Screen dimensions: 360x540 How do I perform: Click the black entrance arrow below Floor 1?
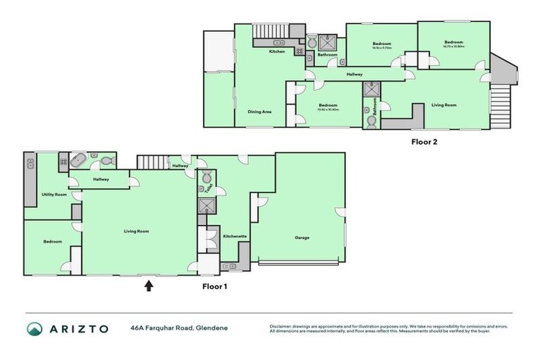coord(148,285)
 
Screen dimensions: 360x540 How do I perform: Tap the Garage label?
coord(302,238)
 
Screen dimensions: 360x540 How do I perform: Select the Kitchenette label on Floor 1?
coord(235,237)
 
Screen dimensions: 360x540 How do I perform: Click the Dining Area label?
coord(259,112)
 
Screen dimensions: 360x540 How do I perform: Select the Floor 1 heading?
coord(214,286)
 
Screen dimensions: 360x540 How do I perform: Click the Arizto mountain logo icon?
coord(35,328)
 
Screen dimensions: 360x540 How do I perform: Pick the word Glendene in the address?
coord(212,328)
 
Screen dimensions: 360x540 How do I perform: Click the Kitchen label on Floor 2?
coord(277,52)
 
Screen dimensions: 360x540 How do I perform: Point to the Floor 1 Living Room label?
coord(136,231)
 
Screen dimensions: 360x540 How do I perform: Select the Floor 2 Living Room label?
coord(444,105)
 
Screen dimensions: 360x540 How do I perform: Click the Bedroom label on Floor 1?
coord(53,241)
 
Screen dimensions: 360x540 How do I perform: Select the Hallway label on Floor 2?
coord(354,74)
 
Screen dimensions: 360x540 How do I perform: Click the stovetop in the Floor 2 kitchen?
coord(299,51)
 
